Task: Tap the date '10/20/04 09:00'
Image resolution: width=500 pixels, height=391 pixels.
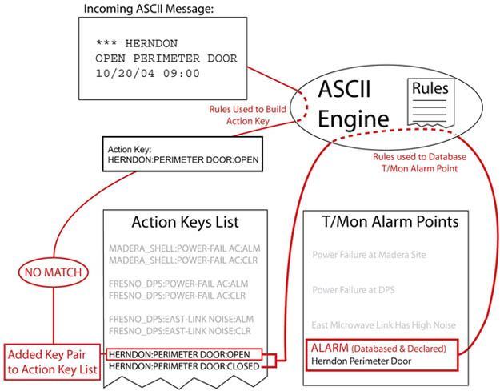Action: (148, 74)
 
